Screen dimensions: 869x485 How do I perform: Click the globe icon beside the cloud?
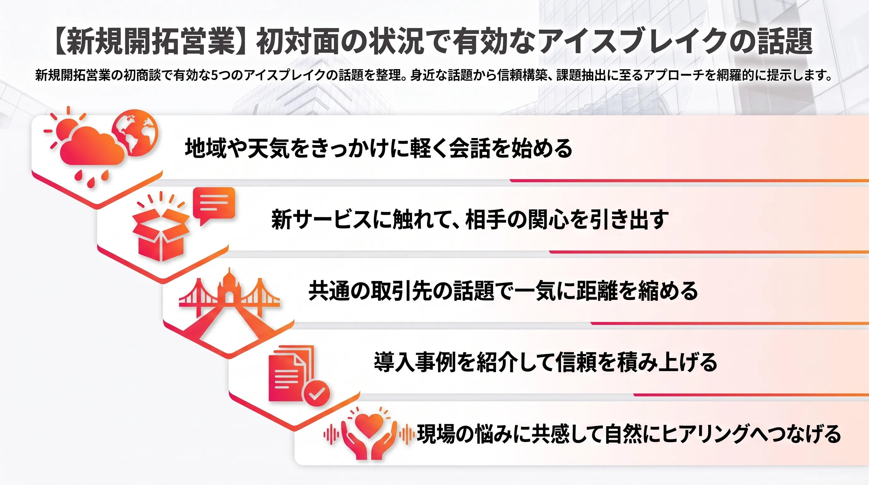pos(135,133)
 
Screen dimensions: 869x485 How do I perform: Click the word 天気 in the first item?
pos(268,148)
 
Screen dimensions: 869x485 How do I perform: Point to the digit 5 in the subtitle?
pos(214,75)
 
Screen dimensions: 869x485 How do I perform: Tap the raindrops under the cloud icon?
pos(91,178)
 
